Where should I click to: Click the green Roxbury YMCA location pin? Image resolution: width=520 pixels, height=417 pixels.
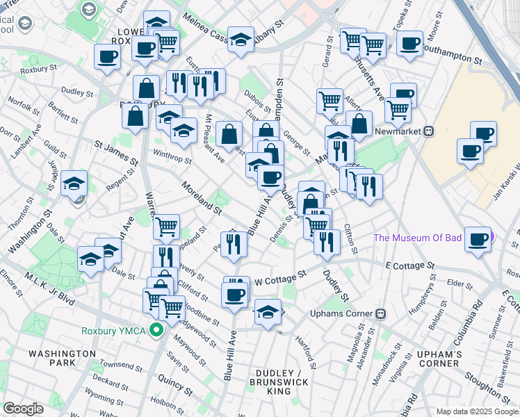[x=157, y=330]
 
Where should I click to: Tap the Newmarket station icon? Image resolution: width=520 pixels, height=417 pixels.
[x=429, y=131]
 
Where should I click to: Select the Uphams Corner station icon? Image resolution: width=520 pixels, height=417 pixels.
[x=380, y=313]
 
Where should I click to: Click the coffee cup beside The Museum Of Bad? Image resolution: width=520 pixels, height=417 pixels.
[x=478, y=238]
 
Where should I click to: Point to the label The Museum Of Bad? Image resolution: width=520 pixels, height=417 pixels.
[x=417, y=238]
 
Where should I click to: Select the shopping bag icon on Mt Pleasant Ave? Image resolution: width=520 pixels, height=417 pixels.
[x=229, y=133]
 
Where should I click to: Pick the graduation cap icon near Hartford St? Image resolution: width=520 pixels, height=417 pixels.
[x=268, y=311]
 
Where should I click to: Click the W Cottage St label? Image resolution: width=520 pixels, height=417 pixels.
[x=281, y=277]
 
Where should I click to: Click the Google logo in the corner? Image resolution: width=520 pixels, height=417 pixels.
[x=23, y=409]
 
